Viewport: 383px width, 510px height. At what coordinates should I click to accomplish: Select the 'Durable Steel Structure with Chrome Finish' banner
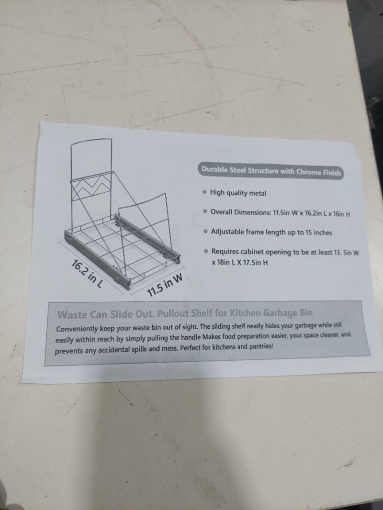pyautogui.click(x=271, y=171)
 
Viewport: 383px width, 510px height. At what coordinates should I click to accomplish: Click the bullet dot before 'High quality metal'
pyautogui.click(x=204, y=192)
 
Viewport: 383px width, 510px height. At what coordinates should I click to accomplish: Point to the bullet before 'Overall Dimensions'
pyautogui.click(x=205, y=211)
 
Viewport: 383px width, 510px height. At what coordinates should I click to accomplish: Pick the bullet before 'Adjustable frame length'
pyautogui.click(x=206, y=232)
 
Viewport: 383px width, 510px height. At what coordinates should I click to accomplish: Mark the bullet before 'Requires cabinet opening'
pyautogui.click(x=206, y=252)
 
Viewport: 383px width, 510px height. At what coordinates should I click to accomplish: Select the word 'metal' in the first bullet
pyautogui.click(x=258, y=193)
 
